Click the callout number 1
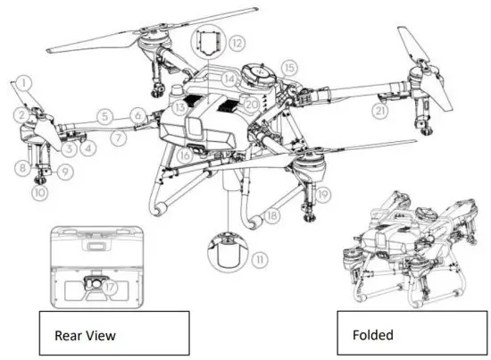click(25, 81)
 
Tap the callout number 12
click(237, 42)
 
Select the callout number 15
click(287, 66)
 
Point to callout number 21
click(381, 111)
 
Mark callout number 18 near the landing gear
click(265, 216)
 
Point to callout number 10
click(39, 190)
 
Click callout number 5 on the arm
click(104, 115)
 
